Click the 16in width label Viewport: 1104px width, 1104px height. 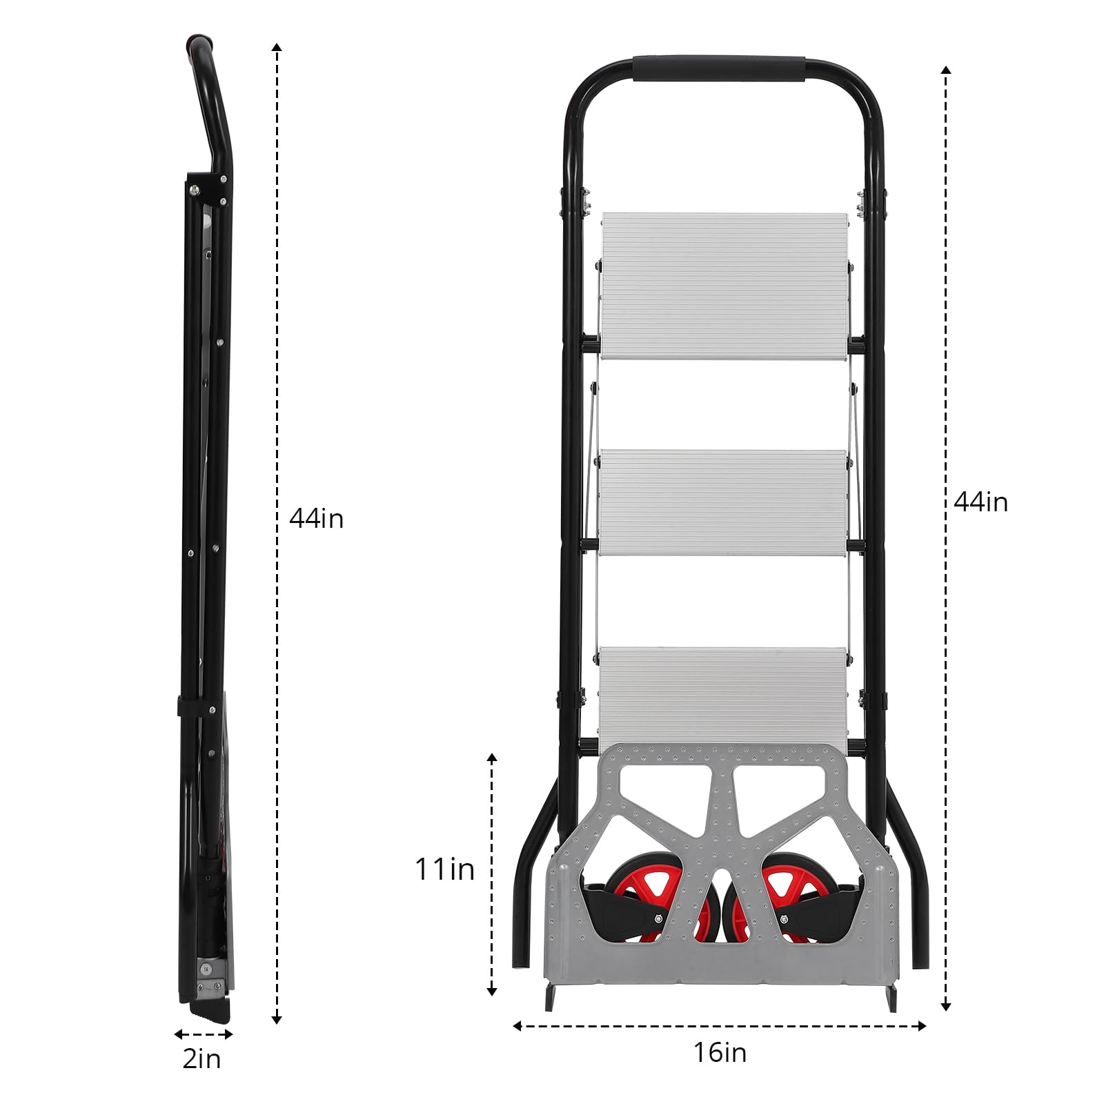[x=720, y=1053]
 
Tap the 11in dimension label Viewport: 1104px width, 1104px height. [x=444, y=869]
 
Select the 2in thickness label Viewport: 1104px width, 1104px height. [x=201, y=1059]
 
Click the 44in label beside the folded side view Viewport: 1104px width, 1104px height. [x=316, y=518]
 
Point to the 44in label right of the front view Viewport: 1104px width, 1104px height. [x=980, y=502]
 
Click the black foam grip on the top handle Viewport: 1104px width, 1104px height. [x=720, y=69]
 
